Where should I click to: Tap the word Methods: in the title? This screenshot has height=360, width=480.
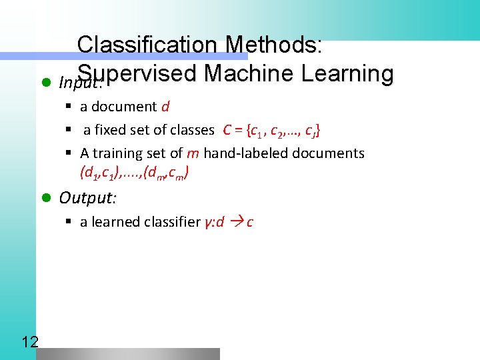[x=274, y=45]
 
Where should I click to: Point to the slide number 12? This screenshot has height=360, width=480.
[x=29, y=343]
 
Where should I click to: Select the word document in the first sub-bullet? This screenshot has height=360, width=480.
[x=124, y=107]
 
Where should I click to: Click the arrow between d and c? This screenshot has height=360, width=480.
[x=236, y=222]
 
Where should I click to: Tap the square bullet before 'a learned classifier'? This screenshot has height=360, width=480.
[x=69, y=222]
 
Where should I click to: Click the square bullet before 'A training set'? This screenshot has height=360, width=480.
[x=69, y=153]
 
